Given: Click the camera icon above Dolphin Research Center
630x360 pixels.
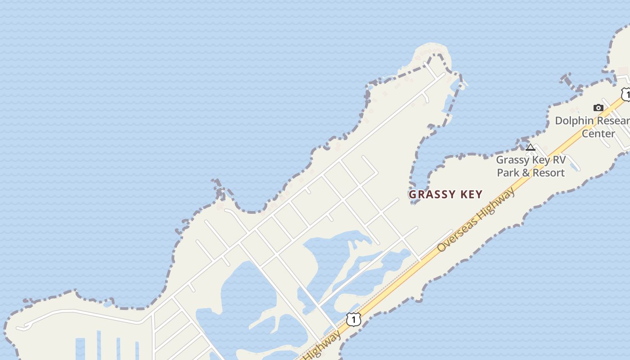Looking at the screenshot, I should [598, 108].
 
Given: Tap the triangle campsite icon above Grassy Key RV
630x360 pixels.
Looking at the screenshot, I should [531, 147].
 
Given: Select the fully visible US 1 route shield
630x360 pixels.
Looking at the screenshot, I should [354, 319].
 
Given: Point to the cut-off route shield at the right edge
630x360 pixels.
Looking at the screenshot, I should [626, 94].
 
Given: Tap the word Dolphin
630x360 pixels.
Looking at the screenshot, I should [575, 121].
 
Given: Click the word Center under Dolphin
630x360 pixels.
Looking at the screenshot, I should [598, 134].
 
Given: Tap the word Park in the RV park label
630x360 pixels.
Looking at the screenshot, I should [508, 173].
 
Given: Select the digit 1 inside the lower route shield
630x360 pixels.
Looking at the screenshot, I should [354, 319].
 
